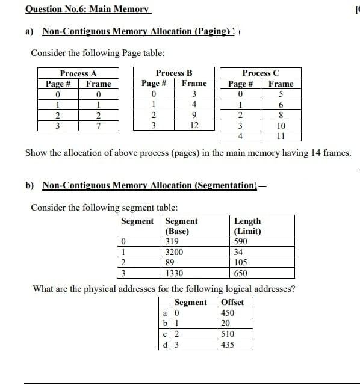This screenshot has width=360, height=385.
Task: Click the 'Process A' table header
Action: click(x=78, y=73)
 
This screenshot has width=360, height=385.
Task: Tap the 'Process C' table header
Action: click(x=261, y=73)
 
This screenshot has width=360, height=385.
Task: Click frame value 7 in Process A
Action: click(x=98, y=125)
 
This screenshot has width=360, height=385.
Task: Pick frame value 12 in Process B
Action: click(x=194, y=125)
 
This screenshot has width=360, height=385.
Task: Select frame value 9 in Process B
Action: click(x=194, y=115)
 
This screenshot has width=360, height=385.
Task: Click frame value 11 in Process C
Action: click(x=281, y=136)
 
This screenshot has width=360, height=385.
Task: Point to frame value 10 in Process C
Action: click(x=281, y=126)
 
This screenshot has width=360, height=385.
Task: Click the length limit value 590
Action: click(x=241, y=242)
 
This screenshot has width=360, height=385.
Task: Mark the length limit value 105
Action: click(x=241, y=262)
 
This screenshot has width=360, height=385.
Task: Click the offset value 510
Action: click(x=228, y=334)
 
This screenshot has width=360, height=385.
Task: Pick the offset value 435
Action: click(x=228, y=345)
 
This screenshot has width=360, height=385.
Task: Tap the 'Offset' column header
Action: click(x=232, y=302)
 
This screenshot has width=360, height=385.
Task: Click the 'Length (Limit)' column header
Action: click(x=247, y=226)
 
